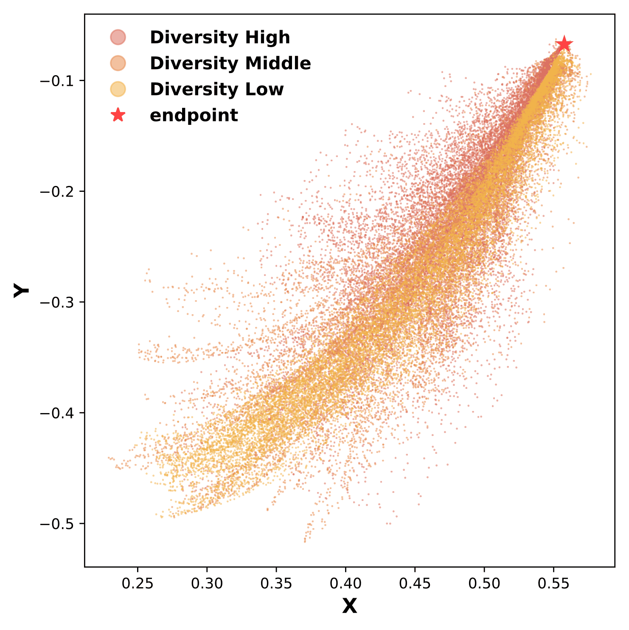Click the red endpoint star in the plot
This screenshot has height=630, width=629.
(x=564, y=44)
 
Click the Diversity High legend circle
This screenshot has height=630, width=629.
(x=118, y=37)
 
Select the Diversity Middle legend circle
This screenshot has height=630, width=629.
(x=118, y=63)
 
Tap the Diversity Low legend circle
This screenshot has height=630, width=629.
(x=118, y=89)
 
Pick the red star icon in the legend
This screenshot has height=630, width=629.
(x=118, y=115)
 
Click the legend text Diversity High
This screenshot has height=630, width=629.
(x=220, y=37)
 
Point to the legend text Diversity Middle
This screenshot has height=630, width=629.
(x=230, y=63)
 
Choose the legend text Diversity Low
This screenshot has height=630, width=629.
(x=216, y=89)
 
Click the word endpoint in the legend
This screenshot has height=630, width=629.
(x=194, y=115)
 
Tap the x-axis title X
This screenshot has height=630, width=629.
(x=349, y=606)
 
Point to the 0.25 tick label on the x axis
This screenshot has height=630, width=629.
(x=138, y=584)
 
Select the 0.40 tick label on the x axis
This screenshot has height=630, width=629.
(x=345, y=584)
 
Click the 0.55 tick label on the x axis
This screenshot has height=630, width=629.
(x=553, y=584)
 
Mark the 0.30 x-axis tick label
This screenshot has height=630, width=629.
(x=207, y=584)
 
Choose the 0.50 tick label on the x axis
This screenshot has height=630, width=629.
(x=484, y=584)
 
